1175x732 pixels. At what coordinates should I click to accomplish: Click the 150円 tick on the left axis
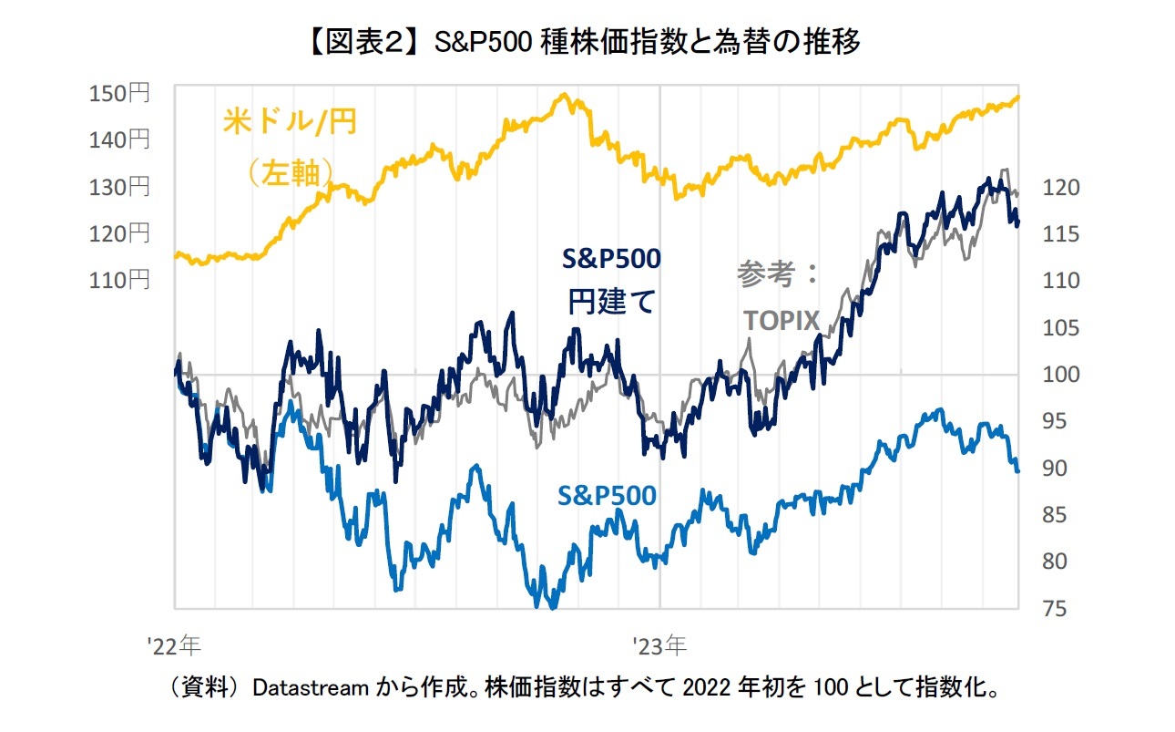(118, 93)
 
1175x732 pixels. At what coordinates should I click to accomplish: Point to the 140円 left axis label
(118, 139)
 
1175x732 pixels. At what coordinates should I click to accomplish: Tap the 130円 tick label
(118, 187)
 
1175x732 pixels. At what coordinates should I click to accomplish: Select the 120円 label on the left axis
(118, 233)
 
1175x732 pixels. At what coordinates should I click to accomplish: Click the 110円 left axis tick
(118, 280)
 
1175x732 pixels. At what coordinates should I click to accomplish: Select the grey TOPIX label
(782, 320)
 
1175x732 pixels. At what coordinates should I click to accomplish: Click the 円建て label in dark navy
(611, 302)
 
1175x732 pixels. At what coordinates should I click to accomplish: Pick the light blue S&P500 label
(606, 495)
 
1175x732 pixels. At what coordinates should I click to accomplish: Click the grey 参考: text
(780, 274)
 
